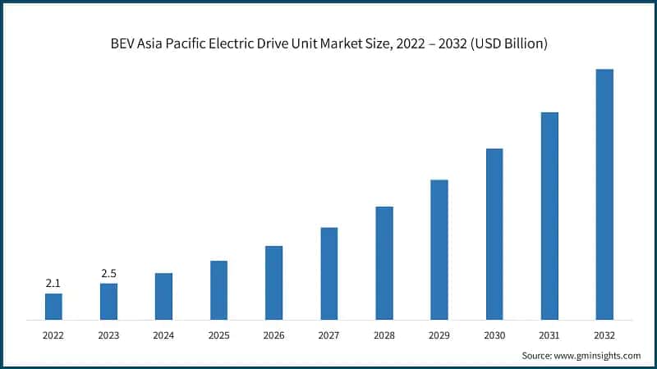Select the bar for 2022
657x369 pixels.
tap(53, 306)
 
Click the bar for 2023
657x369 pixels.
tap(108, 301)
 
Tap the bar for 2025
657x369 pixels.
tap(218, 289)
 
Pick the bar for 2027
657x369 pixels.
tap(328, 273)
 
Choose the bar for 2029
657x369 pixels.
tap(439, 249)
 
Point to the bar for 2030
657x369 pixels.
tap(494, 234)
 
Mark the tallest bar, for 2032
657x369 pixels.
tap(604, 194)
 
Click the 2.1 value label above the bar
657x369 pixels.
tap(53, 283)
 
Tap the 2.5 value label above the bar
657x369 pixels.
tap(108, 273)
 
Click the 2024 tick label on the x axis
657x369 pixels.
tap(163, 335)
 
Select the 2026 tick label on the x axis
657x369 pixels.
tap(273, 335)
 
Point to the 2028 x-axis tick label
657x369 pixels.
tap(384, 335)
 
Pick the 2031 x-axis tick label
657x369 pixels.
tap(549, 335)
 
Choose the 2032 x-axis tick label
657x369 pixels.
tap(604, 335)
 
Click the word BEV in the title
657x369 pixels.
tap(122, 43)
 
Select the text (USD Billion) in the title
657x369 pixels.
tap(507, 43)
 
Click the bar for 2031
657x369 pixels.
tap(549, 216)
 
